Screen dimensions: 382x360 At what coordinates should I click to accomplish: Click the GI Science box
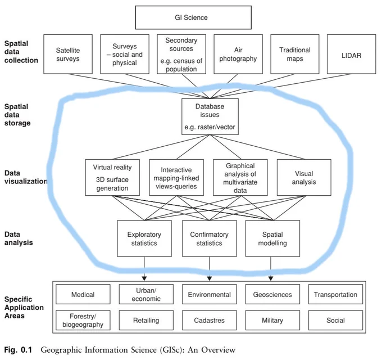coord(193,17)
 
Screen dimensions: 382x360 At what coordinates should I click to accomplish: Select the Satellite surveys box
coord(68,54)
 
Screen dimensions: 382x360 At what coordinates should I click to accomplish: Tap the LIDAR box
coord(351,54)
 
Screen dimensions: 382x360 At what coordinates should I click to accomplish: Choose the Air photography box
coord(238,54)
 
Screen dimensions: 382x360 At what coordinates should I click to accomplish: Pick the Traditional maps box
coord(295,54)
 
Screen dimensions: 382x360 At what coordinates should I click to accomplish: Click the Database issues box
coord(210,116)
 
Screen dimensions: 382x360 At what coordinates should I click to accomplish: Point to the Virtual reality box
coord(112,178)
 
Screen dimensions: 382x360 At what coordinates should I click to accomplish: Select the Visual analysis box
coord(304,178)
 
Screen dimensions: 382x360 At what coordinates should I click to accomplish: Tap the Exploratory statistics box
coord(144,238)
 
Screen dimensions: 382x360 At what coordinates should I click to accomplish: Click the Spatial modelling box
coord(272,238)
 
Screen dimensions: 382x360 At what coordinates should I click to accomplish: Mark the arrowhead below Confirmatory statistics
coord(210,278)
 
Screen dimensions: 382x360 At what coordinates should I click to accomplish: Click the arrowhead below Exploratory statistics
coord(144,278)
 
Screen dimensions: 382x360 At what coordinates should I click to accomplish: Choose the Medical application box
coord(83,294)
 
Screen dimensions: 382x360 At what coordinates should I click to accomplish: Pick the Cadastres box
coord(210,320)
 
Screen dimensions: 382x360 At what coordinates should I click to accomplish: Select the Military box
coord(272,320)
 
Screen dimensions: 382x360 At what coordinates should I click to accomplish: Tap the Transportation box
coord(335,294)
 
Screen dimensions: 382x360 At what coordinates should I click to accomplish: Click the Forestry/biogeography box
coord(83,320)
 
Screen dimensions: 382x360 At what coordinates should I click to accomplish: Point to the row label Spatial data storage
coord(17,115)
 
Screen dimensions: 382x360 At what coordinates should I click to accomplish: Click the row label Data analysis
coord(19,238)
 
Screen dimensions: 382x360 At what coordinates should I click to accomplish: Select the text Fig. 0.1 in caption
coord(18,350)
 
